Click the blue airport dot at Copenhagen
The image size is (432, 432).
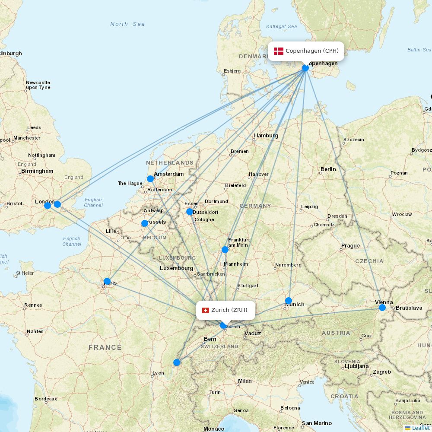(305, 68)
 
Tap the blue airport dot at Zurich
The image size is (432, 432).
(223, 325)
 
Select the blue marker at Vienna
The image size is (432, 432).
(382, 308)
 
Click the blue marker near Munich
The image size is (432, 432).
(289, 301)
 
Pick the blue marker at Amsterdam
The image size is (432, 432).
(150, 179)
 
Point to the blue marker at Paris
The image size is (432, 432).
(107, 281)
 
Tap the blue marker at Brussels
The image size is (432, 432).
(145, 223)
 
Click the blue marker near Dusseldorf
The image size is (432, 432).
(190, 212)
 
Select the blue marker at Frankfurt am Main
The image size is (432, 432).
(225, 250)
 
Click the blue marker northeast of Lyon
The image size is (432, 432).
(177, 362)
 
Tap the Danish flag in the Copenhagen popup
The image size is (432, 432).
(279, 51)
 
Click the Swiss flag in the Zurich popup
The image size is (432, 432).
(206, 310)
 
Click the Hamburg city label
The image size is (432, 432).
(266, 136)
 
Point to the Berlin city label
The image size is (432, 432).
(328, 169)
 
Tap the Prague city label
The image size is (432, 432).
(350, 246)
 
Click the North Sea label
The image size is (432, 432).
(127, 24)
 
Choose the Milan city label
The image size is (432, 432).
(245, 381)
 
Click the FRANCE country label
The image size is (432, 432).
(105, 347)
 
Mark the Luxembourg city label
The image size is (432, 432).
(176, 268)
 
